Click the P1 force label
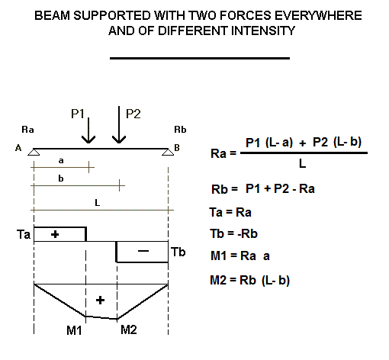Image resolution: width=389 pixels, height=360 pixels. pyautogui.click(x=78, y=114)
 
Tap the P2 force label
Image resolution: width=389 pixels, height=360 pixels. pyautogui.click(x=133, y=114)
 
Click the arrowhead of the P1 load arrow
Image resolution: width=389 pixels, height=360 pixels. pyautogui.click(x=88, y=140)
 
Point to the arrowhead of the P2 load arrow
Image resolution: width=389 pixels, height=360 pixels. pyautogui.click(x=119, y=140)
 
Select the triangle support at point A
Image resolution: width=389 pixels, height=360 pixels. pyautogui.click(x=34, y=152)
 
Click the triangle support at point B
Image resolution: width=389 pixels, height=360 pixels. pyautogui.click(x=168, y=152)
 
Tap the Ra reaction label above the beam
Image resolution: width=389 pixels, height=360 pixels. pyautogui.click(x=27, y=130)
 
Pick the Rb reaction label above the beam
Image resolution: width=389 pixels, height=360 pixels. pyautogui.click(x=180, y=130)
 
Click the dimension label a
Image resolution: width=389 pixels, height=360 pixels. pyautogui.click(x=61, y=161)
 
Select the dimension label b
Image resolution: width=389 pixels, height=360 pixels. pyautogui.click(x=61, y=178)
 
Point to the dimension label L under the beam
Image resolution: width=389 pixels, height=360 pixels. pyautogui.click(x=97, y=203)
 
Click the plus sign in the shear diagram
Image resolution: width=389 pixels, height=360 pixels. pyautogui.click(x=55, y=234)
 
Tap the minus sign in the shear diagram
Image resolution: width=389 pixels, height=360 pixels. pyautogui.click(x=143, y=251)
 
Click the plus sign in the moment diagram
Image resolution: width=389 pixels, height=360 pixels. pyautogui.click(x=100, y=301)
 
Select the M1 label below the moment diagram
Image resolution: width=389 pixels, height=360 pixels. pyautogui.click(x=74, y=330)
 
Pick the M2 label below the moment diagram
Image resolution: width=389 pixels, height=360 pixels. pyautogui.click(x=129, y=329)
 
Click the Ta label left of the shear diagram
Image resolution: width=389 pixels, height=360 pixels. pyautogui.click(x=24, y=234)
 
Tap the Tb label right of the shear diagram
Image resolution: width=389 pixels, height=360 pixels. pyautogui.click(x=178, y=252)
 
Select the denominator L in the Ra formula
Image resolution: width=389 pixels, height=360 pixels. pyautogui.click(x=302, y=164)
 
